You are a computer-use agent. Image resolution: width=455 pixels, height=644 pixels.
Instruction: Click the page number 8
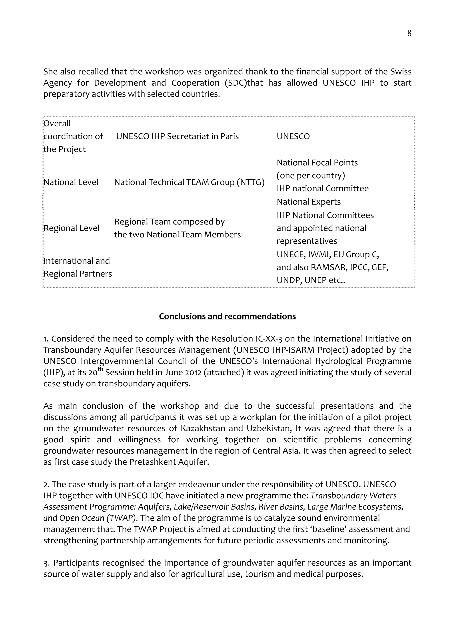(409, 33)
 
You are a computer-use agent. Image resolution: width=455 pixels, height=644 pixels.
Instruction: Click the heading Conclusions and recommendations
(227, 316)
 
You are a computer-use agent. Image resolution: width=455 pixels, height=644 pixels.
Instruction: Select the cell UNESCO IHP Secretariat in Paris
(178, 136)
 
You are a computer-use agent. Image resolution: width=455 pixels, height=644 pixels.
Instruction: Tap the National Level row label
(71, 182)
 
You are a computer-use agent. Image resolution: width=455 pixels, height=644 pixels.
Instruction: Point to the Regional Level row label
(72, 228)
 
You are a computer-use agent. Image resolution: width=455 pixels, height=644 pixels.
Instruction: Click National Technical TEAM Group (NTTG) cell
(189, 182)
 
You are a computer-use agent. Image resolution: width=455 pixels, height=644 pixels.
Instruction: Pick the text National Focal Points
(317, 163)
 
